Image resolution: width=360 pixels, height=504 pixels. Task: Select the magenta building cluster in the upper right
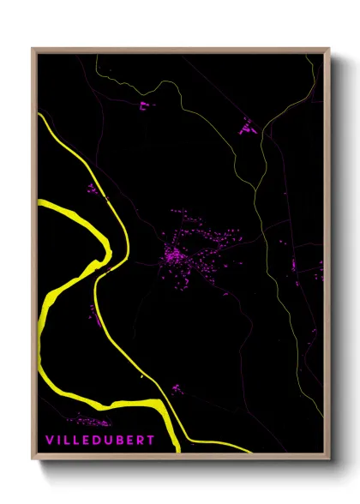point(249,128)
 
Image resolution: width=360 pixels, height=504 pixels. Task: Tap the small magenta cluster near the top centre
point(143,106)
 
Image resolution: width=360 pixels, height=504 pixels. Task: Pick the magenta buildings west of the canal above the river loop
point(93,189)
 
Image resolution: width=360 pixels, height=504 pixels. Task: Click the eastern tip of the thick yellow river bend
point(110,248)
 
